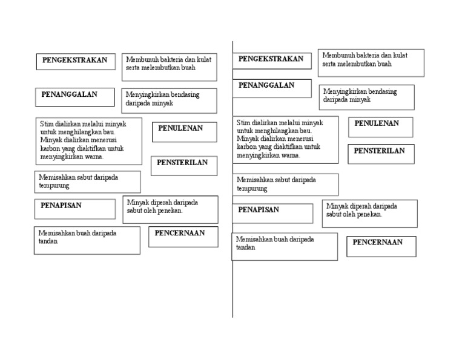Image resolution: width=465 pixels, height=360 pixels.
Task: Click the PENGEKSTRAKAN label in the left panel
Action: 74,61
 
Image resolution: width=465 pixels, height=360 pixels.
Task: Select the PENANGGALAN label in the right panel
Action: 266,86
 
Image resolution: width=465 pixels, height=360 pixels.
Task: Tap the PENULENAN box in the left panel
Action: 180,129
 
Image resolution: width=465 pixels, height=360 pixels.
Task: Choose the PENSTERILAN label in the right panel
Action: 380,151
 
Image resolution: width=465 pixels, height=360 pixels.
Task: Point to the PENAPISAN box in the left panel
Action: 61,206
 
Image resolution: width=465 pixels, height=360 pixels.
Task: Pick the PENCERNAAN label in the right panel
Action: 378,243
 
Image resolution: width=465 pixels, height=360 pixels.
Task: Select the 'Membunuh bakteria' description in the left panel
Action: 169,64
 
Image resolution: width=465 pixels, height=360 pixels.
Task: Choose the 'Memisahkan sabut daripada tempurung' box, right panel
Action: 285,184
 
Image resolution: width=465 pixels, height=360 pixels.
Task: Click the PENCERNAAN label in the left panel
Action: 180,234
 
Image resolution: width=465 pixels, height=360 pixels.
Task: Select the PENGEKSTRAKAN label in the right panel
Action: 271,59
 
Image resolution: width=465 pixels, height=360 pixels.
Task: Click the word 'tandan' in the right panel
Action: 246,247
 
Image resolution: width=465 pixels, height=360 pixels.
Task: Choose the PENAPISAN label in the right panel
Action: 259,211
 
